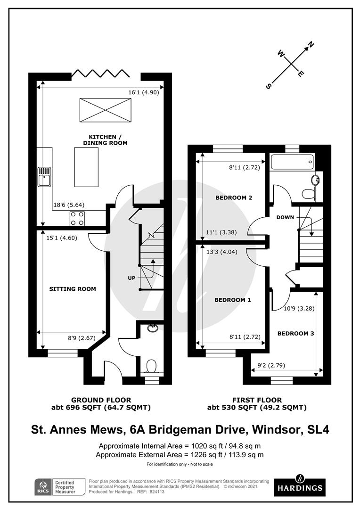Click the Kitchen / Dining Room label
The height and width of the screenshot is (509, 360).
point(105,140)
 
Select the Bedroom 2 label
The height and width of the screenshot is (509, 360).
point(234,197)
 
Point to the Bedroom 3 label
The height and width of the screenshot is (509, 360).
point(295,333)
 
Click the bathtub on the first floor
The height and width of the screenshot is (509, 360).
point(290,163)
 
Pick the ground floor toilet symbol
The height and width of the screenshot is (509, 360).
point(151,366)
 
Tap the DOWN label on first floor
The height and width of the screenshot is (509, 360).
point(286,217)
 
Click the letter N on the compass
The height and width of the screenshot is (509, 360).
point(311,45)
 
